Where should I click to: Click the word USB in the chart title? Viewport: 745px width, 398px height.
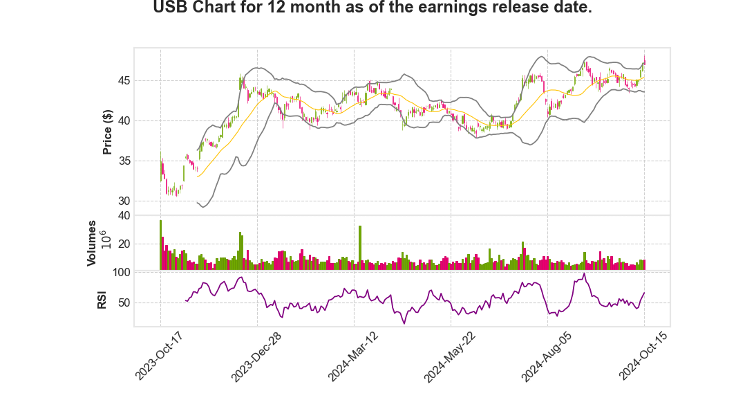click(169, 8)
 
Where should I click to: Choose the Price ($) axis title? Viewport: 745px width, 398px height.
click(107, 132)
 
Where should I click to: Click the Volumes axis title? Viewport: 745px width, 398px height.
click(91, 243)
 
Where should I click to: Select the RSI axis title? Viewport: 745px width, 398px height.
click(102, 299)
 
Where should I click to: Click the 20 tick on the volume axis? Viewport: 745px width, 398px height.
click(124, 244)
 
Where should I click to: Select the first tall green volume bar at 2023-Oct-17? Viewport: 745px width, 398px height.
click(160, 245)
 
